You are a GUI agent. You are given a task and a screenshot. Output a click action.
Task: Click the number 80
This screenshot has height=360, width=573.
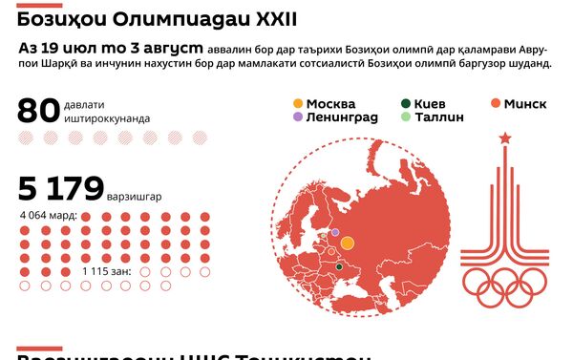[38, 111]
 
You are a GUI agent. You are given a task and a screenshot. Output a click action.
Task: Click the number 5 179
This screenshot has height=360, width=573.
[59, 187]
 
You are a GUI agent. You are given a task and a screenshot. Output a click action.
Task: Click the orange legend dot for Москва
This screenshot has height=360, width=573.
[299, 103]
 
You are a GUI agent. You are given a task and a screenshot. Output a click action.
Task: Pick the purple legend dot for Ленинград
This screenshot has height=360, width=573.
[299, 117]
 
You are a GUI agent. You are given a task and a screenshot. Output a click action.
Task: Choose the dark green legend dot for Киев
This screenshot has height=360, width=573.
[407, 103]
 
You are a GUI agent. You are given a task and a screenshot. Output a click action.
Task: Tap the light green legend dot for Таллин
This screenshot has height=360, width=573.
[407, 117]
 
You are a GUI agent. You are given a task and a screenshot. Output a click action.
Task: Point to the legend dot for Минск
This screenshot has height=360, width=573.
[495, 103]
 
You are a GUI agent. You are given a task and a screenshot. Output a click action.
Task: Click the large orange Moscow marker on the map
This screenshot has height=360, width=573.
[348, 244]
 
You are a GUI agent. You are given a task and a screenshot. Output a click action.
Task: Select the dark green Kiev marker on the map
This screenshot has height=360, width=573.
[339, 266]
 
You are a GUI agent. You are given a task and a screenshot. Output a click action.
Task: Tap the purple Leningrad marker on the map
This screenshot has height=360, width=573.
[335, 232]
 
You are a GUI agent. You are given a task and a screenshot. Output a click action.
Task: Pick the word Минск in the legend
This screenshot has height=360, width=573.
[528, 103]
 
